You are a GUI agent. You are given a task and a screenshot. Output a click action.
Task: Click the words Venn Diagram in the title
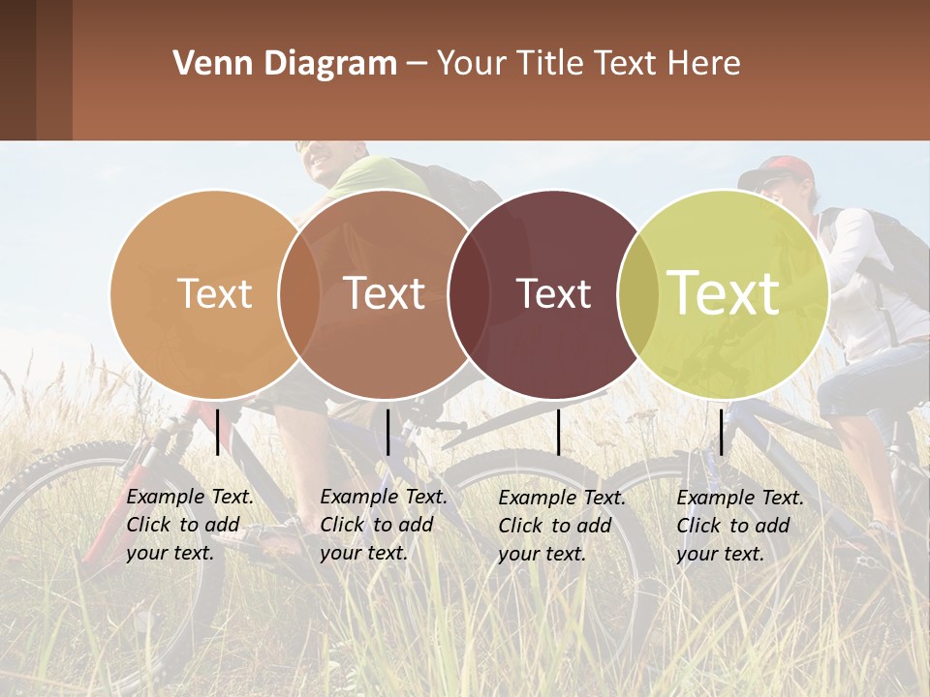coord(285,64)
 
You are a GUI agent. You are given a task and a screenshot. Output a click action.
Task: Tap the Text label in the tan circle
coord(214,293)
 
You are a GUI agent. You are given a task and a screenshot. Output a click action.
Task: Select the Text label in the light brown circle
coord(385,293)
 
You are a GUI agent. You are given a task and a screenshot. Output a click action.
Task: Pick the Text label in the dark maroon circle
coord(553,293)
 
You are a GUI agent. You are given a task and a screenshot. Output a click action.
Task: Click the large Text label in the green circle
coord(724,292)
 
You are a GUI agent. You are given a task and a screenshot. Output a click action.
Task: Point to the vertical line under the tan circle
coord(218,432)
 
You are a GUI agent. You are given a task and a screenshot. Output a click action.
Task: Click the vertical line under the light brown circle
coord(387,432)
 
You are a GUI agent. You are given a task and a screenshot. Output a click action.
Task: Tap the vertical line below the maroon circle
coord(558,432)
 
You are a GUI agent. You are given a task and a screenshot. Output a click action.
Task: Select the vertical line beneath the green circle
coord(721,432)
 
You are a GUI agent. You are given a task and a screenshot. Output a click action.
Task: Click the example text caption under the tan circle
coord(190,525)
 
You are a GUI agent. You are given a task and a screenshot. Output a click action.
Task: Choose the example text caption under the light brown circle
coord(384,525)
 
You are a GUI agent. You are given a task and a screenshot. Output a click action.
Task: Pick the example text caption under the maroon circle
coord(562,526)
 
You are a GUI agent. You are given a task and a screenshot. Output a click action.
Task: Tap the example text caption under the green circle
coord(740,526)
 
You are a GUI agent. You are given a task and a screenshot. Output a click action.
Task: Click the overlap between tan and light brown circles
coord(299,293)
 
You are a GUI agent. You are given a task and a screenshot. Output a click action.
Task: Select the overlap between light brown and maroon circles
coord(468,293)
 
